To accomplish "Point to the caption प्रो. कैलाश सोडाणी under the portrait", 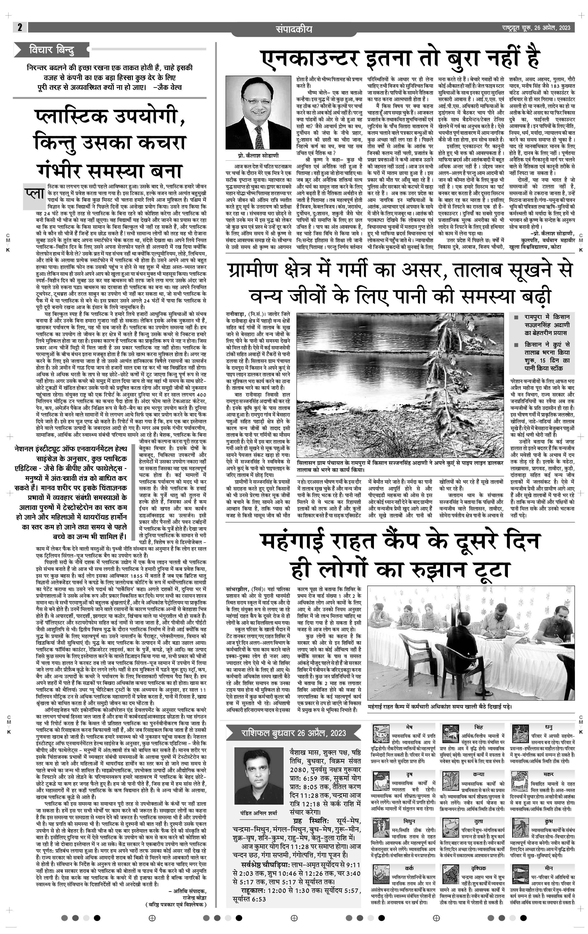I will pos(258,155).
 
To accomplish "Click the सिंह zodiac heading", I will pos(478,726).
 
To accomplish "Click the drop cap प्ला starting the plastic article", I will pos(34,194).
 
